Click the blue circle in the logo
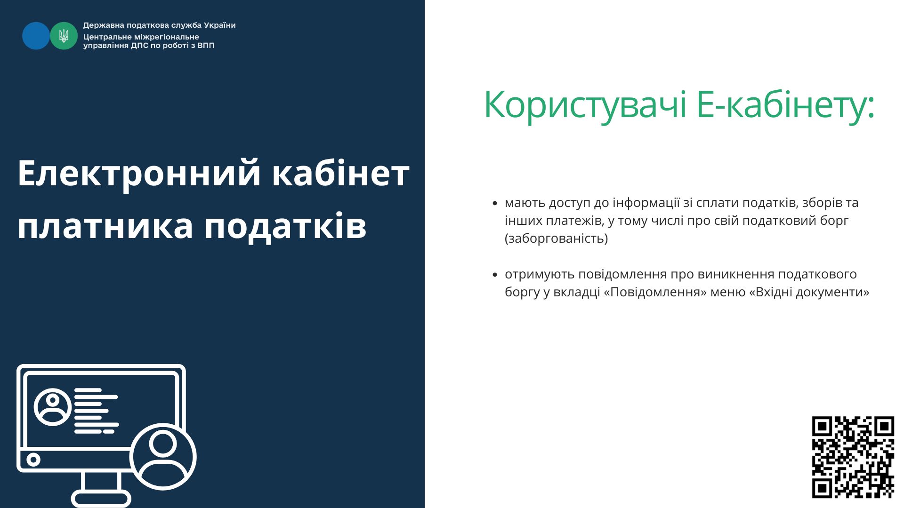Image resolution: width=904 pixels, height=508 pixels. pyautogui.click(x=36, y=36)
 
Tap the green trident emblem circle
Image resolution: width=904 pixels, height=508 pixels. pyautogui.click(x=64, y=36)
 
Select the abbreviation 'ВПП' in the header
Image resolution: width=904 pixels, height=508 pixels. pyautogui.click(x=206, y=46)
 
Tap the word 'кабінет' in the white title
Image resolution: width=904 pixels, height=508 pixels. pyautogui.click(x=341, y=173)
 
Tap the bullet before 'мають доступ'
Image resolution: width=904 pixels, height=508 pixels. pyautogui.click(x=494, y=204)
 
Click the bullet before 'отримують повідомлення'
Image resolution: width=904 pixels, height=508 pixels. pyautogui.click(x=494, y=275)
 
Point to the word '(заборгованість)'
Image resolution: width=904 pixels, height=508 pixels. pyautogui.click(x=556, y=238)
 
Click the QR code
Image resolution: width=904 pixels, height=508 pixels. pyautogui.click(x=853, y=457)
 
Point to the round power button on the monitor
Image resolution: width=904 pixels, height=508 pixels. pyautogui.click(x=33, y=459)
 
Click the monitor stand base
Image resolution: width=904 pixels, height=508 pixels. pyautogui.click(x=101, y=500)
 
